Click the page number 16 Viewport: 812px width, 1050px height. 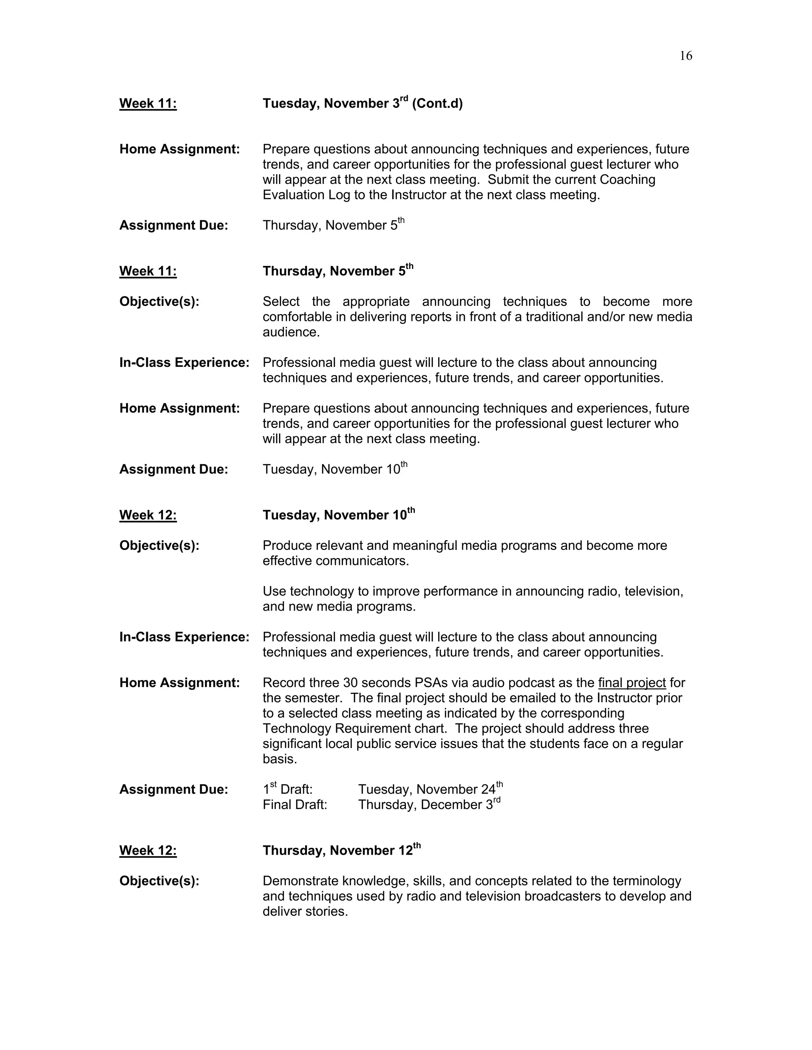click(686, 56)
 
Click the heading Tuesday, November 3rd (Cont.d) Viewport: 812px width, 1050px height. click(362, 103)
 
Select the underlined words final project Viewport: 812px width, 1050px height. click(632, 683)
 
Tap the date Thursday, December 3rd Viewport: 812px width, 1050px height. click(429, 805)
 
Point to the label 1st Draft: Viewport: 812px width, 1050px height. click(288, 789)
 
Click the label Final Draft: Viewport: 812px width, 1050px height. click(295, 805)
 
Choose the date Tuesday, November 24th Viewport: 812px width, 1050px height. click(430, 789)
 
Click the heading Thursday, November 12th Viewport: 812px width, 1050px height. click(341, 850)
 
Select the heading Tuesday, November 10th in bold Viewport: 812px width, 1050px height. click(338, 515)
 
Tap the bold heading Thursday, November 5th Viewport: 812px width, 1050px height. click(338, 271)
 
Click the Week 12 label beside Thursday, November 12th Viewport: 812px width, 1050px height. click(147, 850)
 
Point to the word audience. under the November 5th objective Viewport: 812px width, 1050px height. click(291, 332)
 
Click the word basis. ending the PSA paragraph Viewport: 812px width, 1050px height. click(280, 759)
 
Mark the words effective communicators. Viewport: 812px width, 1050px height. click(335, 561)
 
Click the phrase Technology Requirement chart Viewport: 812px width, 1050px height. click(354, 728)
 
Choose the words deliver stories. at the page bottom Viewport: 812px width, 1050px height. click(305, 912)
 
